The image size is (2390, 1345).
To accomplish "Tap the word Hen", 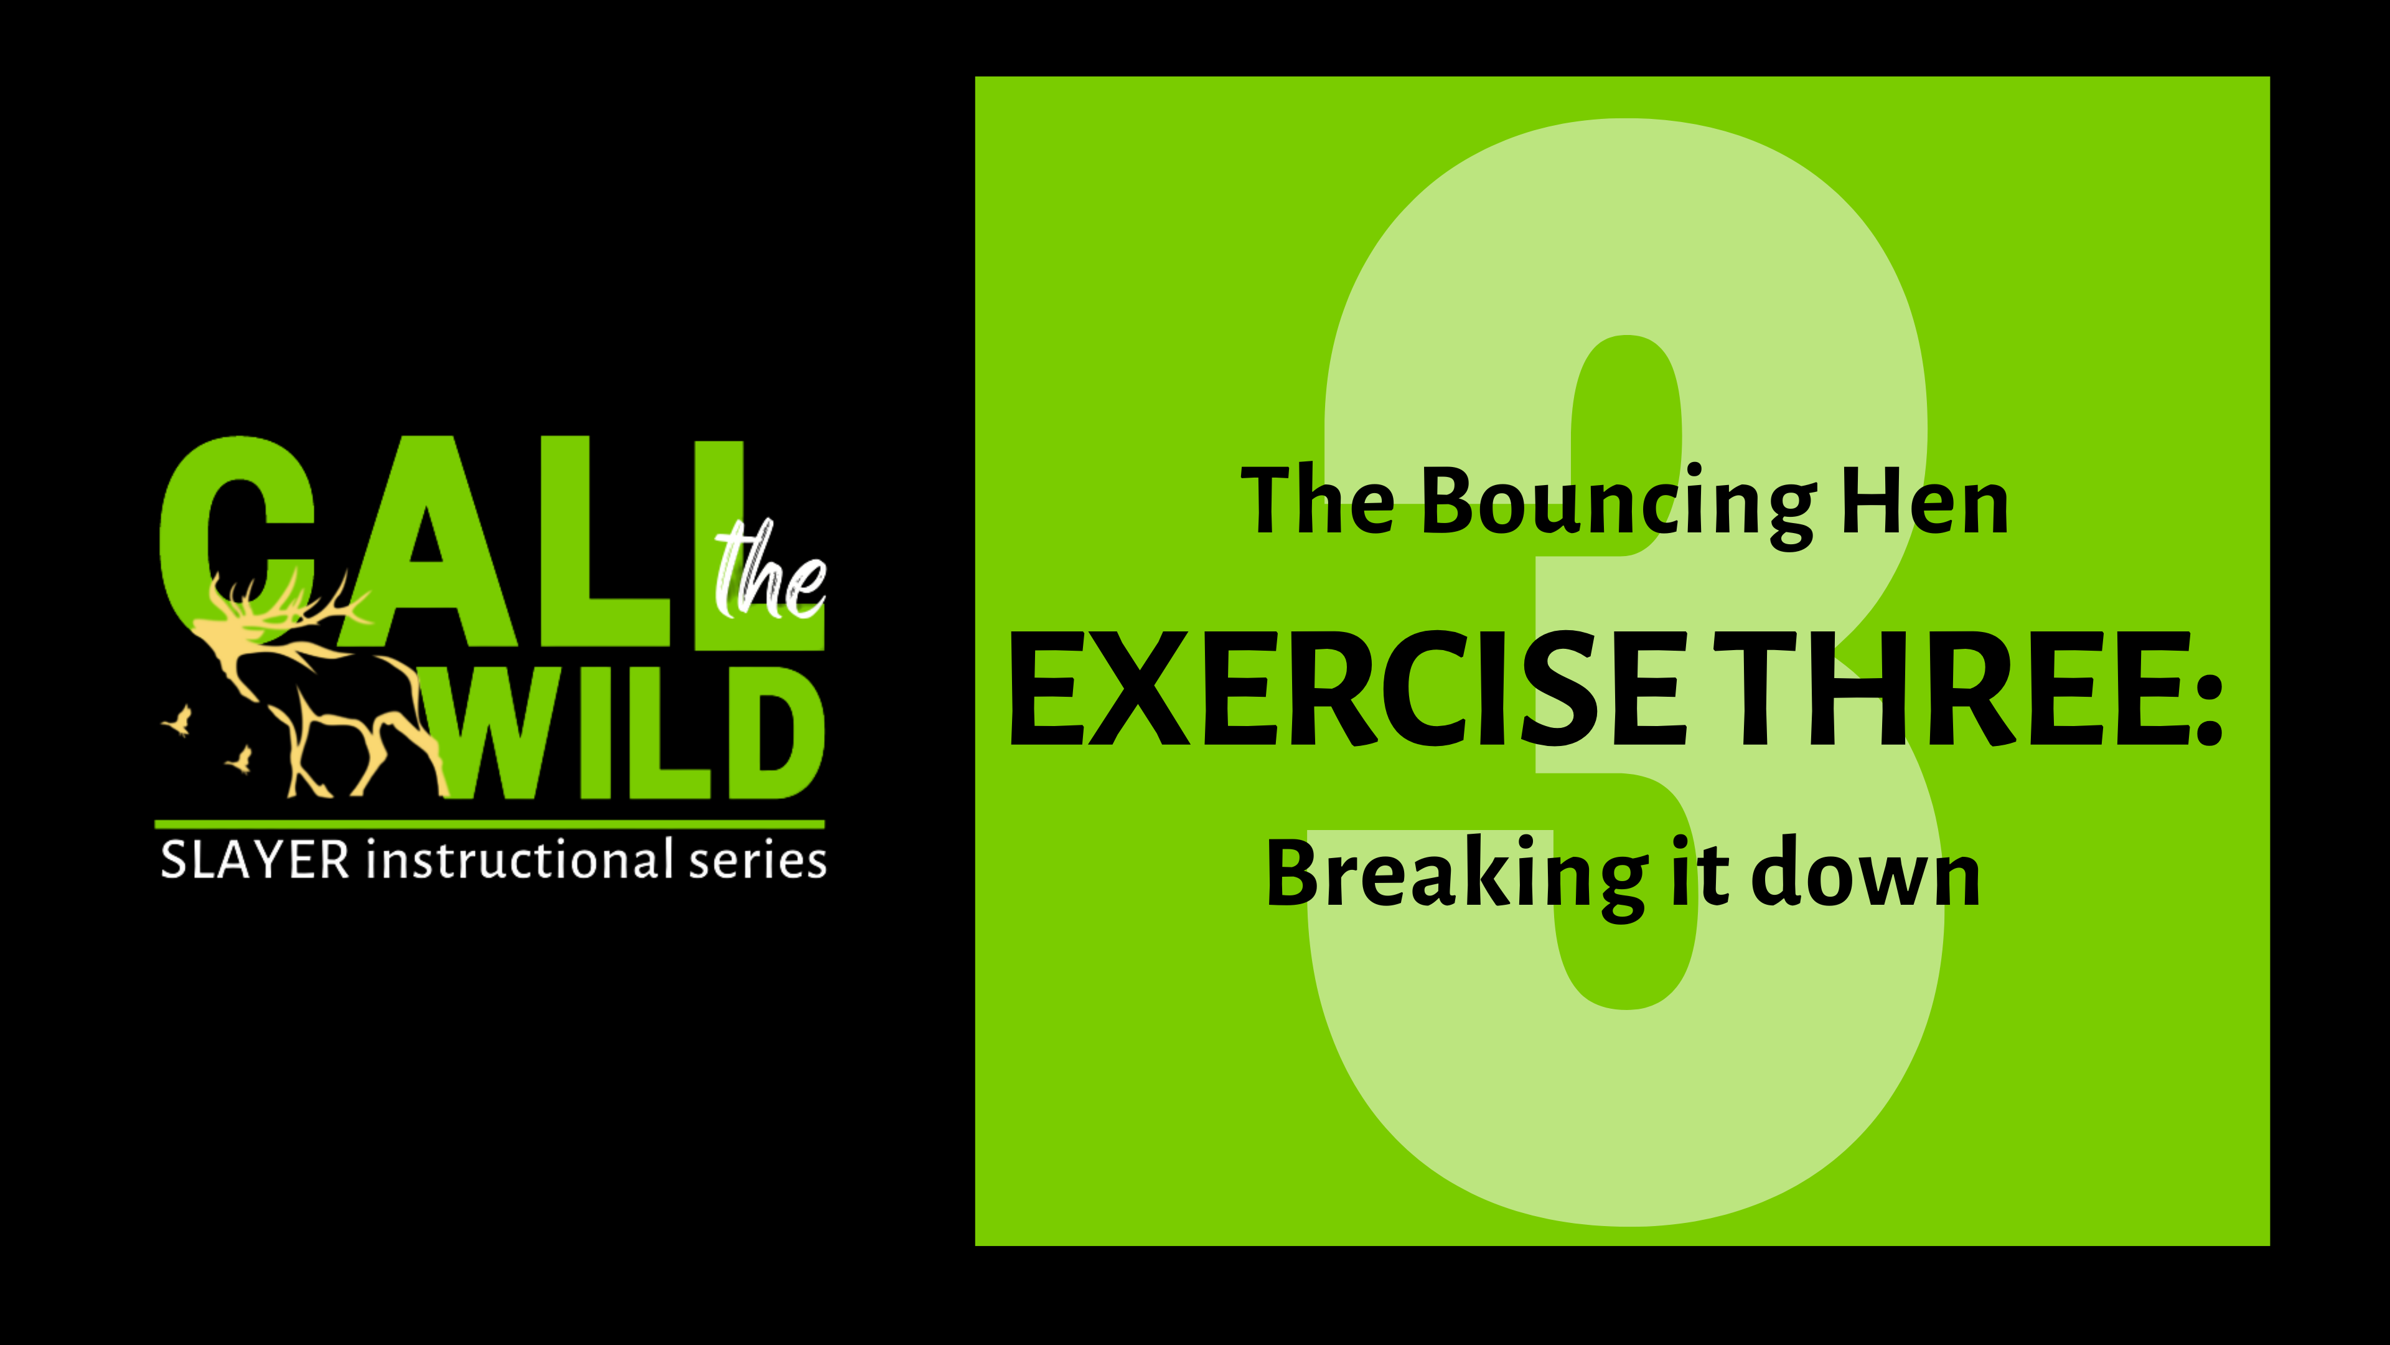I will [x=1925, y=504].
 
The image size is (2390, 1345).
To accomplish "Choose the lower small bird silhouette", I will [x=240, y=759].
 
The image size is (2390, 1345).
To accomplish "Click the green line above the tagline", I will [x=489, y=823].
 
